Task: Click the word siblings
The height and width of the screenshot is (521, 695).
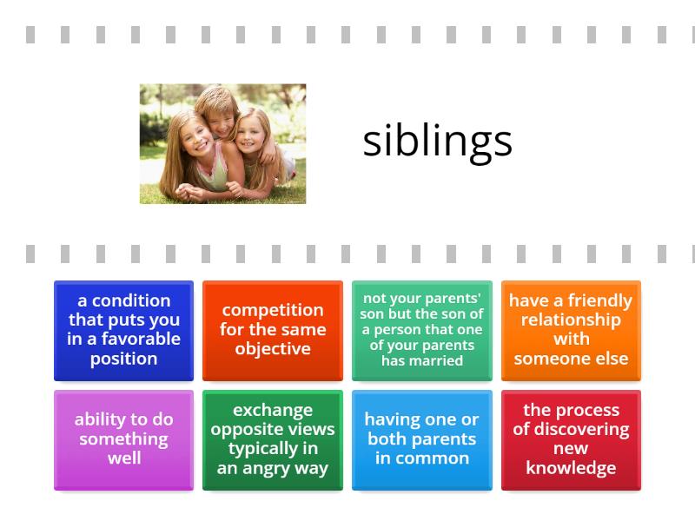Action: click(x=437, y=142)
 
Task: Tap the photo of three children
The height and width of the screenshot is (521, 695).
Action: click(x=222, y=144)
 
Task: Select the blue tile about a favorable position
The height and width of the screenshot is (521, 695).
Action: click(x=123, y=330)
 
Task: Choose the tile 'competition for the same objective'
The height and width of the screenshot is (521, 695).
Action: click(x=273, y=330)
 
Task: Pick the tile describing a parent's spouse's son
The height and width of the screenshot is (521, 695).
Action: click(x=422, y=330)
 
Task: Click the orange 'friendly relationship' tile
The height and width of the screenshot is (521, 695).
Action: click(x=571, y=330)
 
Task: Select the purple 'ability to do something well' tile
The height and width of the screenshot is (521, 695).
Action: click(x=123, y=439)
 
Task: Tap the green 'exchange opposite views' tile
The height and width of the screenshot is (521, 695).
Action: click(x=273, y=439)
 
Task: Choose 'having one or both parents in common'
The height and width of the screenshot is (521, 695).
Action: click(x=422, y=439)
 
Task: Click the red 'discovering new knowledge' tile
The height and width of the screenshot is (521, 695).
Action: click(x=571, y=439)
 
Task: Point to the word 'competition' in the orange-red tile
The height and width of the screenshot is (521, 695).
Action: click(x=273, y=310)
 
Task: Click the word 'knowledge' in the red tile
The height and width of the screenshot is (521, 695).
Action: click(x=571, y=468)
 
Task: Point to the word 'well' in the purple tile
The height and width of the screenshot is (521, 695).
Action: click(x=123, y=458)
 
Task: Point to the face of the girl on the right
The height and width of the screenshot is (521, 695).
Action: click(x=255, y=132)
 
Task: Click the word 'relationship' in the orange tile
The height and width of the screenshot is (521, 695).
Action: click(x=571, y=320)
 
